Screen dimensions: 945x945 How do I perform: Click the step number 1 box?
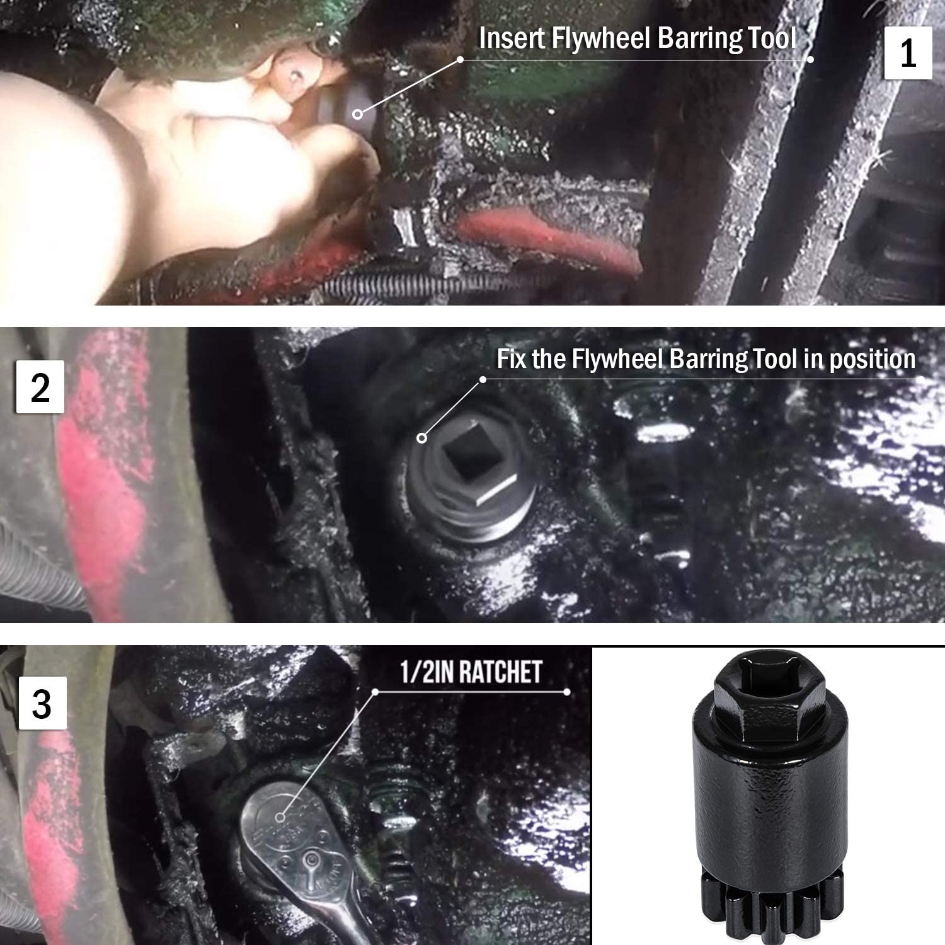pyautogui.click(x=908, y=54)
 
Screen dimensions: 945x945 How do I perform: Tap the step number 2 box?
pyautogui.click(x=40, y=387)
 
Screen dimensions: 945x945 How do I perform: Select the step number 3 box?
pyautogui.click(x=42, y=704)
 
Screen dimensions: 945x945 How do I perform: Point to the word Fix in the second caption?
pyautogui.click(x=512, y=359)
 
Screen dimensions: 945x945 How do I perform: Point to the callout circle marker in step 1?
pyautogui.click(x=357, y=114)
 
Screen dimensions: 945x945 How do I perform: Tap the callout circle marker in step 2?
pyautogui.click(x=421, y=438)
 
